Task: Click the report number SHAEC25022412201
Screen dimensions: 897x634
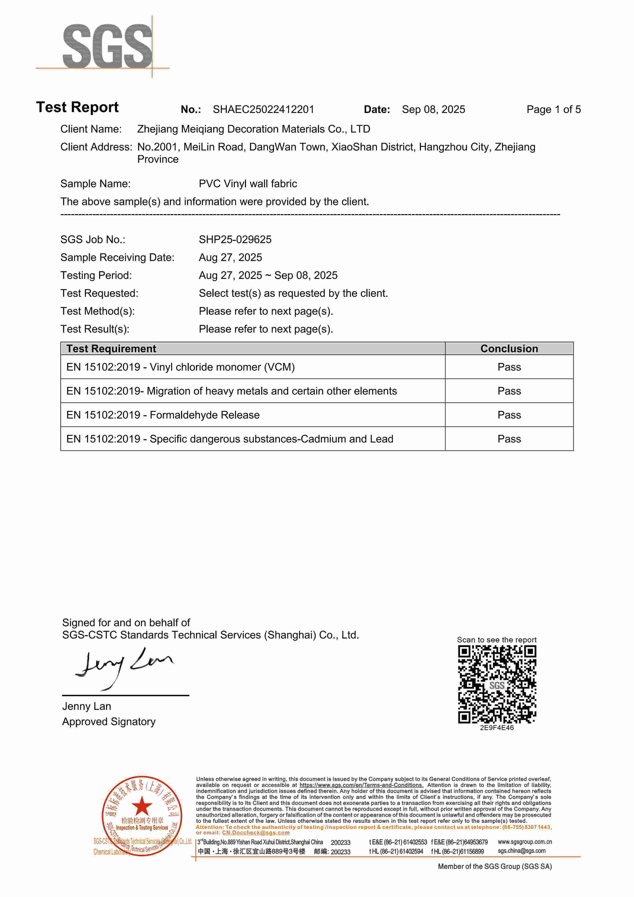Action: tap(263, 109)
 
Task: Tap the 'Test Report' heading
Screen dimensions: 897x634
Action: tap(77, 107)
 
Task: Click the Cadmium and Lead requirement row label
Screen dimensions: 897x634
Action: tap(230, 439)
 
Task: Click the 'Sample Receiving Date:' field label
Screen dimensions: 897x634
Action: tap(117, 257)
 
